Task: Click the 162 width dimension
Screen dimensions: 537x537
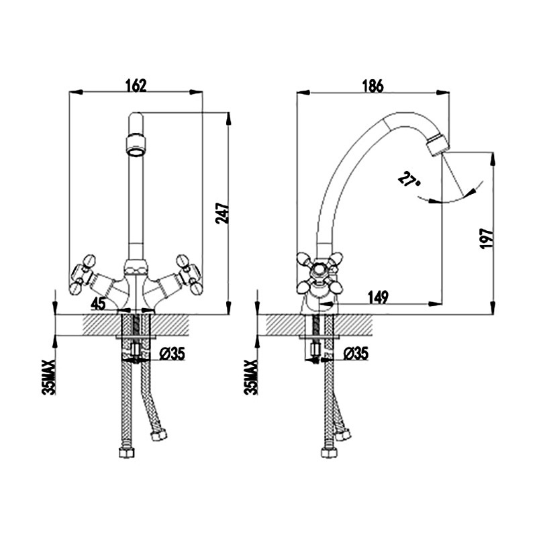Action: click(x=136, y=85)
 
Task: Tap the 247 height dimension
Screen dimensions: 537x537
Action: click(x=222, y=213)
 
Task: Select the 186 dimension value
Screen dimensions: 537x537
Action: click(x=373, y=87)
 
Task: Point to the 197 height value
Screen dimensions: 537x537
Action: click(x=487, y=238)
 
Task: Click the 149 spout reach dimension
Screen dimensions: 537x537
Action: click(x=378, y=297)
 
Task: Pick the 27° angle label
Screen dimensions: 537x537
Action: click(x=409, y=179)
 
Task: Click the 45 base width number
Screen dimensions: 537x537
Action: click(x=99, y=303)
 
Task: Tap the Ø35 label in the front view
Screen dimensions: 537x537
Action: click(x=172, y=354)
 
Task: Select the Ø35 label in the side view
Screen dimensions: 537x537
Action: click(x=356, y=353)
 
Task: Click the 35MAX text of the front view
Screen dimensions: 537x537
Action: click(x=48, y=377)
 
